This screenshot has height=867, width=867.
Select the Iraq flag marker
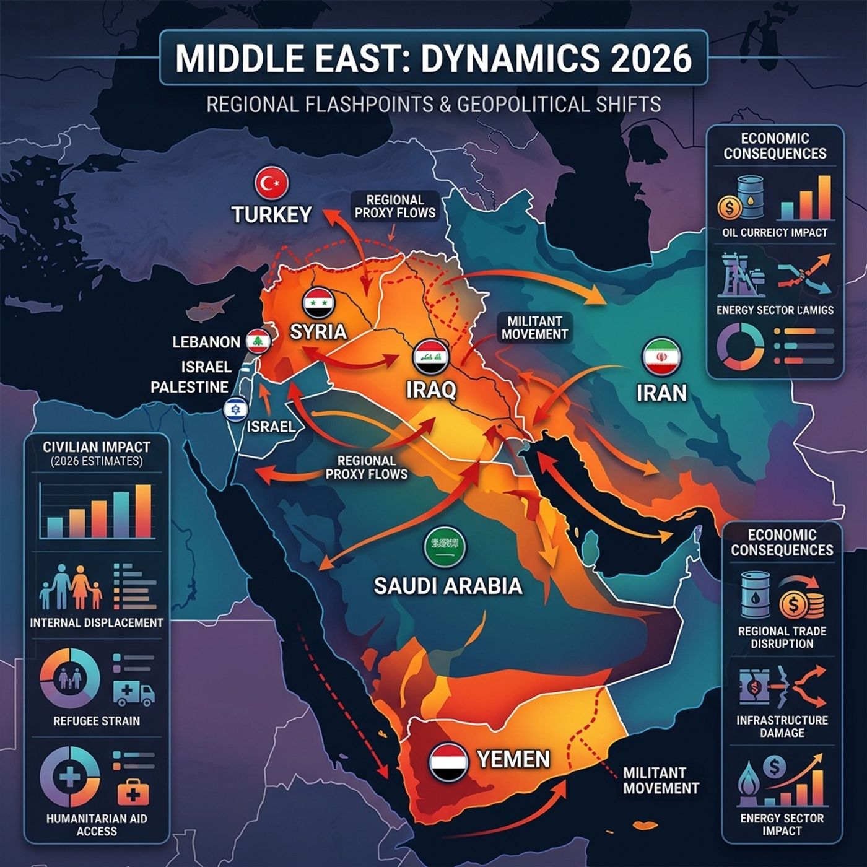tap(427, 355)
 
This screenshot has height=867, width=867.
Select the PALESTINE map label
tap(190, 388)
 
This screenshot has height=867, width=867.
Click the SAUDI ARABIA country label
tap(448, 586)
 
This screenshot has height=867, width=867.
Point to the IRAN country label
tap(661, 393)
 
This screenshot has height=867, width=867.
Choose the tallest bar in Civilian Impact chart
tap(142, 511)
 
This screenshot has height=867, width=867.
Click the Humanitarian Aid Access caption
tap(97, 825)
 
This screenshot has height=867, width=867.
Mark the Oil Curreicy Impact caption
tap(774, 233)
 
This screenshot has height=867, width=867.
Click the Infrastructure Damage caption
tap(782, 726)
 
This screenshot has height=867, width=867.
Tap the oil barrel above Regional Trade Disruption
tap(756, 595)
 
